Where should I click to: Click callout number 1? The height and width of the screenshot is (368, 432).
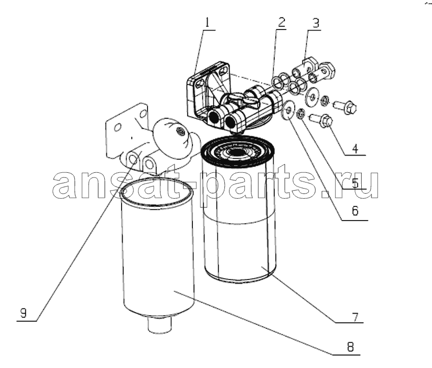pos(207,22)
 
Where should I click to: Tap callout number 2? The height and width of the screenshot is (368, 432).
pos(281,22)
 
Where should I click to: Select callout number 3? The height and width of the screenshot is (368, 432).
pos(316,23)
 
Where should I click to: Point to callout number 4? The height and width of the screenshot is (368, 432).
pos(355,149)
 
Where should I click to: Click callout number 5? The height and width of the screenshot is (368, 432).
pos(355,183)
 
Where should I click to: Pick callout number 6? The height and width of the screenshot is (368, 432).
pos(355,211)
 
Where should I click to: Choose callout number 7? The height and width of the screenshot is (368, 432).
pos(355,317)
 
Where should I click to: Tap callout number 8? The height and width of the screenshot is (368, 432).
pos(350,347)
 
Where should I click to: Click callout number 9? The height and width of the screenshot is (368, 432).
pos(23,313)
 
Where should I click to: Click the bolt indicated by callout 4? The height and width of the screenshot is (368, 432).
pos(322,121)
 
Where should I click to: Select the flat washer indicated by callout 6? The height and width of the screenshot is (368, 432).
pos(288,110)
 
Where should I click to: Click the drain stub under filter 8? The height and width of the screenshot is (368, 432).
pos(160,324)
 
